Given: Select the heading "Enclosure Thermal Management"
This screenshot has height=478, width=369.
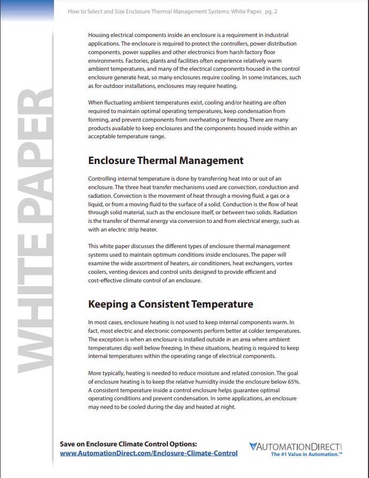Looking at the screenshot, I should pyautogui.click(x=165, y=161).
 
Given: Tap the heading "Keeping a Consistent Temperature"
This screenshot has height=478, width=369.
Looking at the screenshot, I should pyautogui.click(x=170, y=304).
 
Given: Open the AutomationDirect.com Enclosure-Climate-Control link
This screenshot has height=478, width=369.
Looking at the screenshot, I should pyautogui.click(x=149, y=453).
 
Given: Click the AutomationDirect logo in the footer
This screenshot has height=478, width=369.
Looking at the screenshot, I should pyautogui.click(x=295, y=446).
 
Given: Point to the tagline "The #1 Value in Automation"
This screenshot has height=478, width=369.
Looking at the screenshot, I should pyautogui.click(x=306, y=454).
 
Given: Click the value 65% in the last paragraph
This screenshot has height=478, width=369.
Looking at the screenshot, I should pyautogui.click(x=292, y=382).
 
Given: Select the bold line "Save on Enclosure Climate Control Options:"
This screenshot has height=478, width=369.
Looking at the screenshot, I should pyautogui.click(x=128, y=444).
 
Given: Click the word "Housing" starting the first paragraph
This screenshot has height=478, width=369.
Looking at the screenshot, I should pyautogui.click(x=99, y=34).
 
